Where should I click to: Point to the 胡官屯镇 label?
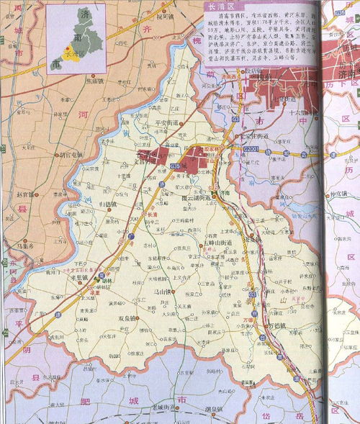click(72, 153)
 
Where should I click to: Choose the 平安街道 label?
click(170, 123)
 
